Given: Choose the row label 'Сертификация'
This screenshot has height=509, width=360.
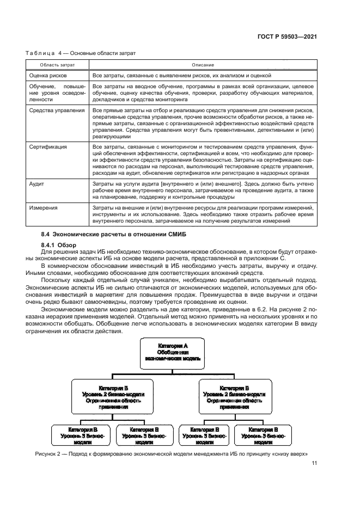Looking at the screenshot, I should [48, 146].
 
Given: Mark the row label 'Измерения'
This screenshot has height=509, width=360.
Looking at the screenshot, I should [44, 208].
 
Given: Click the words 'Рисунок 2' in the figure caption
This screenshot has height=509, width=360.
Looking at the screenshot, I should [48, 453].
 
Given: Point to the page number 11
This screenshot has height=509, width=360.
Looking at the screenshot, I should [314, 464].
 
